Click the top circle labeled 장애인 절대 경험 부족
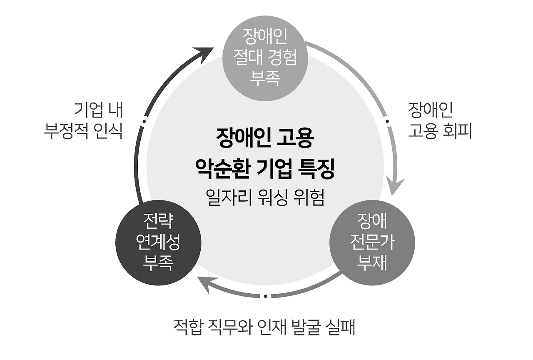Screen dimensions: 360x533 coord(265,58)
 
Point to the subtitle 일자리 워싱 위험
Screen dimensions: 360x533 coord(265,197)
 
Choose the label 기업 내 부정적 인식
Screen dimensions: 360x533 coord(83,121)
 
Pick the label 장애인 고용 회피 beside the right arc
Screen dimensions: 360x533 coord(439,121)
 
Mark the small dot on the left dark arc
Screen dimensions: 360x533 coord(144,122)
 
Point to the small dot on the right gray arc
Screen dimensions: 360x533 coord(387,122)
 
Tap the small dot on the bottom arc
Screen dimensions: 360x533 coord(265,296)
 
